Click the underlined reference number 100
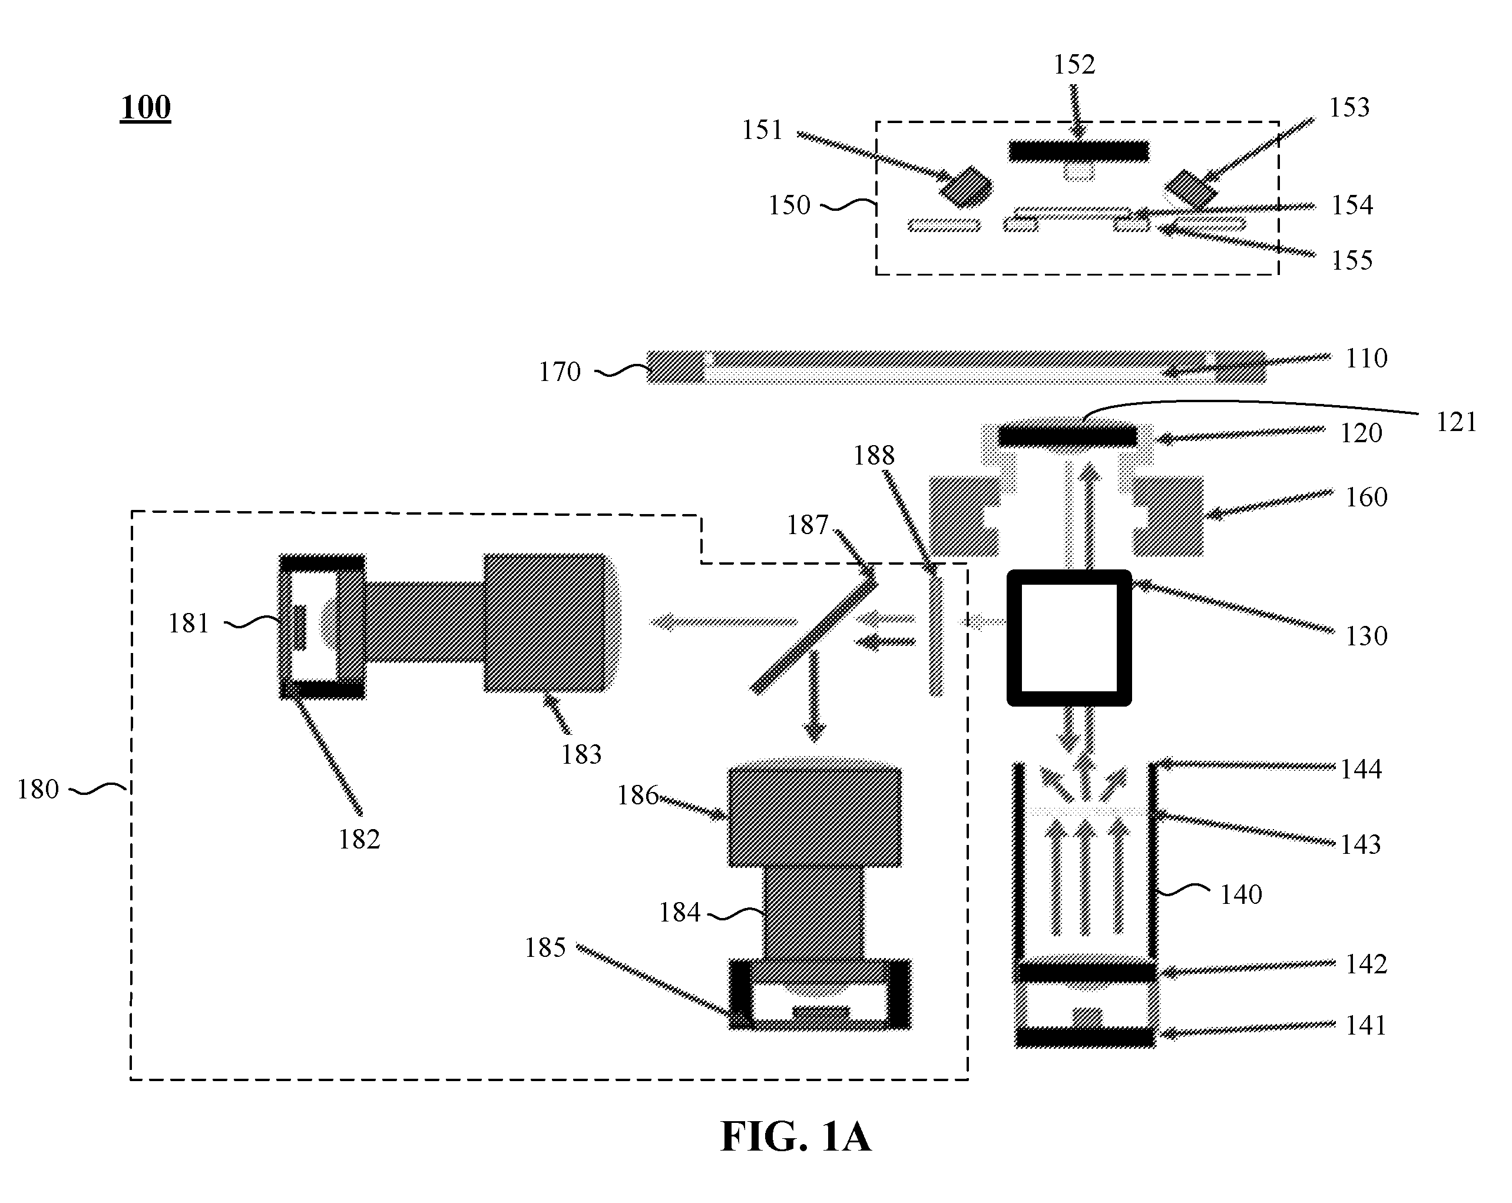click(146, 107)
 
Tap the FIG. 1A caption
click(796, 1136)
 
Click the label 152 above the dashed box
click(1074, 65)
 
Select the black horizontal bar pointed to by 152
click(1078, 151)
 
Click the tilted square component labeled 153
click(1191, 189)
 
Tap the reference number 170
click(560, 372)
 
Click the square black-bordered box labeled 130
click(1069, 638)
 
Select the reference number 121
click(1456, 422)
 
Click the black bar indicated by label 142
click(1086, 972)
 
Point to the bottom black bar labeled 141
click(1086, 1037)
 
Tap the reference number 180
click(38, 790)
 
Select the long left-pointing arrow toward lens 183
click(724, 621)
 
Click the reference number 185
click(545, 948)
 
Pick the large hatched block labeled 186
click(815, 817)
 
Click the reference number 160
click(1366, 498)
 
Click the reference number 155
click(1352, 260)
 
